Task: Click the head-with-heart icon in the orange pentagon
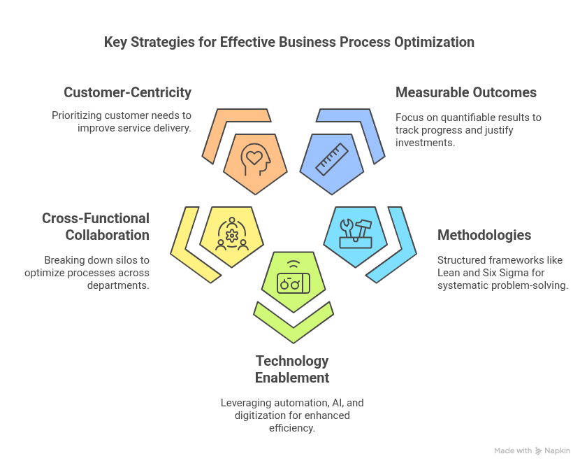(254, 161)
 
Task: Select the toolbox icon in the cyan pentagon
(356, 233)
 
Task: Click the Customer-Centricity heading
(127, 92)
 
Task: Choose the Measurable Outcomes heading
(466, 92)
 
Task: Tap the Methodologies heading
(484, 235)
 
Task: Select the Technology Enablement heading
(292, 369)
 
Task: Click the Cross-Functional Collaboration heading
(96, 227)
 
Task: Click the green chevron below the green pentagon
(293, 322)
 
